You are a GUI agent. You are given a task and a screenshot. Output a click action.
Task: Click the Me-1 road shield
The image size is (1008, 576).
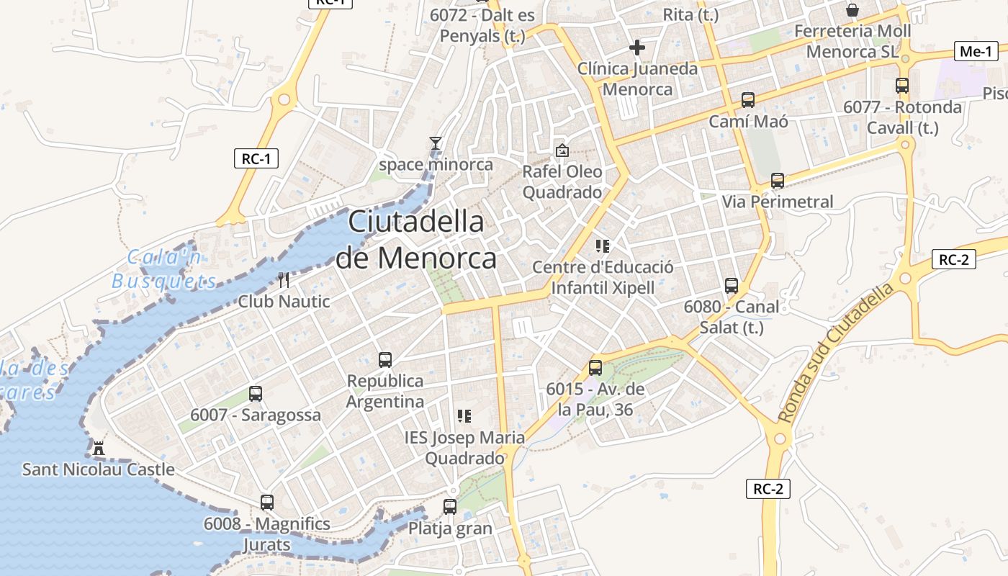click(x=977, y=51)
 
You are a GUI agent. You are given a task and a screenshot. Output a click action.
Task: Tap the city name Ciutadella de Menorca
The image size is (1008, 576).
click(x=416, y=240)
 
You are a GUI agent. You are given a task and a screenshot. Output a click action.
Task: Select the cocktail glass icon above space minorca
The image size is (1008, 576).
click(x=436, y=143)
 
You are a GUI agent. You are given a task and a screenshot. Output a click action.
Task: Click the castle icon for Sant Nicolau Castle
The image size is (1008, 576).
click(x=99, y=449)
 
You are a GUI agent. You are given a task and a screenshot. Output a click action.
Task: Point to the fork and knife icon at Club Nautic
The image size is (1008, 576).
click(x=284, y=280)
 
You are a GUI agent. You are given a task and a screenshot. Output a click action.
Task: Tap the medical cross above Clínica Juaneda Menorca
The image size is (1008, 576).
click(x=637, y=48)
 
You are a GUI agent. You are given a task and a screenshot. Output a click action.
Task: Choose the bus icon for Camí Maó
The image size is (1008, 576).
click(x=748, y=100)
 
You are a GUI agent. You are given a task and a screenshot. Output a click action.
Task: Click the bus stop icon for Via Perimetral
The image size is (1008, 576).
click(x=778, y=181)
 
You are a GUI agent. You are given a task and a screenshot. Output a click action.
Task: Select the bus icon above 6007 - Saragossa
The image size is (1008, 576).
click(x=256, y=394)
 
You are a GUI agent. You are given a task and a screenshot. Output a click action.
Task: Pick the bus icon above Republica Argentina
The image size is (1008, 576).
click(x=385, y=359)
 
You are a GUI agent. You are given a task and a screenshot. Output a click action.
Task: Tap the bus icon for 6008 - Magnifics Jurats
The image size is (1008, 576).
click(x=267, y=503)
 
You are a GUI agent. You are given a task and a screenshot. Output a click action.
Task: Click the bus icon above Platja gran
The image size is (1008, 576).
click(x=450, y=507)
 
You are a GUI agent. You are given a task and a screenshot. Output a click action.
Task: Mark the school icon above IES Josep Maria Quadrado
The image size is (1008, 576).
click(x=464, y=416)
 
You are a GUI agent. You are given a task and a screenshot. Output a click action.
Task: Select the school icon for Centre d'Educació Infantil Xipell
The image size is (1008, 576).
click(x=603, y=246)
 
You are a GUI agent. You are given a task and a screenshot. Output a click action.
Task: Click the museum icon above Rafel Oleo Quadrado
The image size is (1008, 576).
click(x=562, y=150)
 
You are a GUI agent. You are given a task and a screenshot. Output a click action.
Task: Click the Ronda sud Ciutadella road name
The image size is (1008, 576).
click(x=837, y=351)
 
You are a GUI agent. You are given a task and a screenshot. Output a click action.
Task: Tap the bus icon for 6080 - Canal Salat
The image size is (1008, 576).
click(x=732, y=286)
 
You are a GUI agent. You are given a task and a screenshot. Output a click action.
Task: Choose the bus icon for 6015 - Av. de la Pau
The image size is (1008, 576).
click(x=595, y=368)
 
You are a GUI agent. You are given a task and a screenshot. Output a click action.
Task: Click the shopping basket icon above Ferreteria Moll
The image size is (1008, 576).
click(x=852, y=10)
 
